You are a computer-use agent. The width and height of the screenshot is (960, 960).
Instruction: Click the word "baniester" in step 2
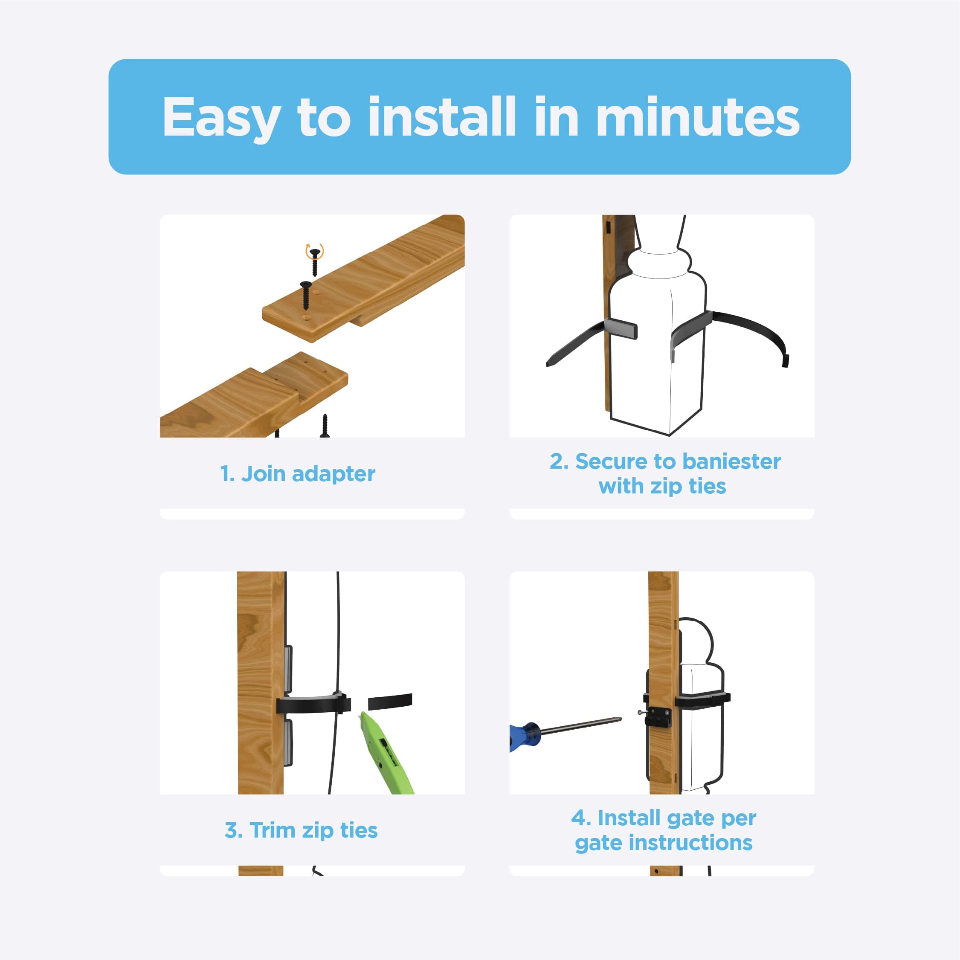[728, 461]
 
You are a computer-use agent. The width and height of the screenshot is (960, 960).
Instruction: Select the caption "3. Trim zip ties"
[301, 830]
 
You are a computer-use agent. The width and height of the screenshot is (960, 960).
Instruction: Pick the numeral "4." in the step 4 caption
[580, 818]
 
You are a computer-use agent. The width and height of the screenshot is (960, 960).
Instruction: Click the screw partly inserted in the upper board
[306, 294]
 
